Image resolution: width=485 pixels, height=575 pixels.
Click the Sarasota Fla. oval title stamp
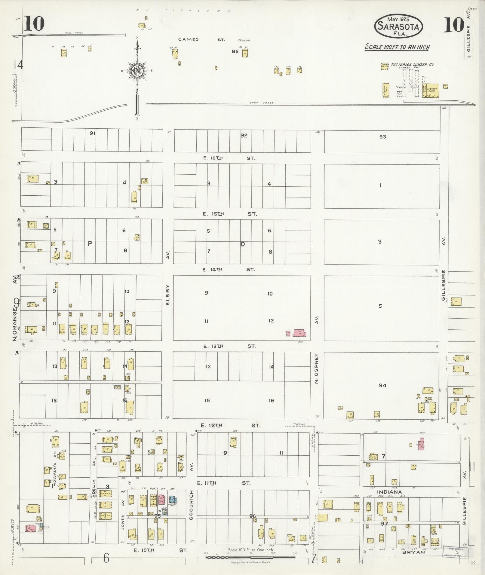[398, 26]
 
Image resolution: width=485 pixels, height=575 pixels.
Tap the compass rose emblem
[137, 71]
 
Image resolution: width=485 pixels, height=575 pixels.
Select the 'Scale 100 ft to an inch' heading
[397, 47]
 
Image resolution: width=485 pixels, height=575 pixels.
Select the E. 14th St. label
[229, 270]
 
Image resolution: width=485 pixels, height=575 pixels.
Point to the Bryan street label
[414, 552]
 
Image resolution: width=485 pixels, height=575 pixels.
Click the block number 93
[382, 137]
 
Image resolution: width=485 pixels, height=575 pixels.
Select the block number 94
[382, 386]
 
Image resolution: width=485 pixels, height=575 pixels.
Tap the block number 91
[92, 133]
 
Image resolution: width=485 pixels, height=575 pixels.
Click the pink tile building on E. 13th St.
[299, 333]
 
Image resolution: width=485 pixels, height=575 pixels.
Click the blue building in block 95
[173, 499]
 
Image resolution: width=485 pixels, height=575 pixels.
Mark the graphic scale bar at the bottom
[250, 557]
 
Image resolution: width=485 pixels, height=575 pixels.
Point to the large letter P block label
[90, 244]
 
